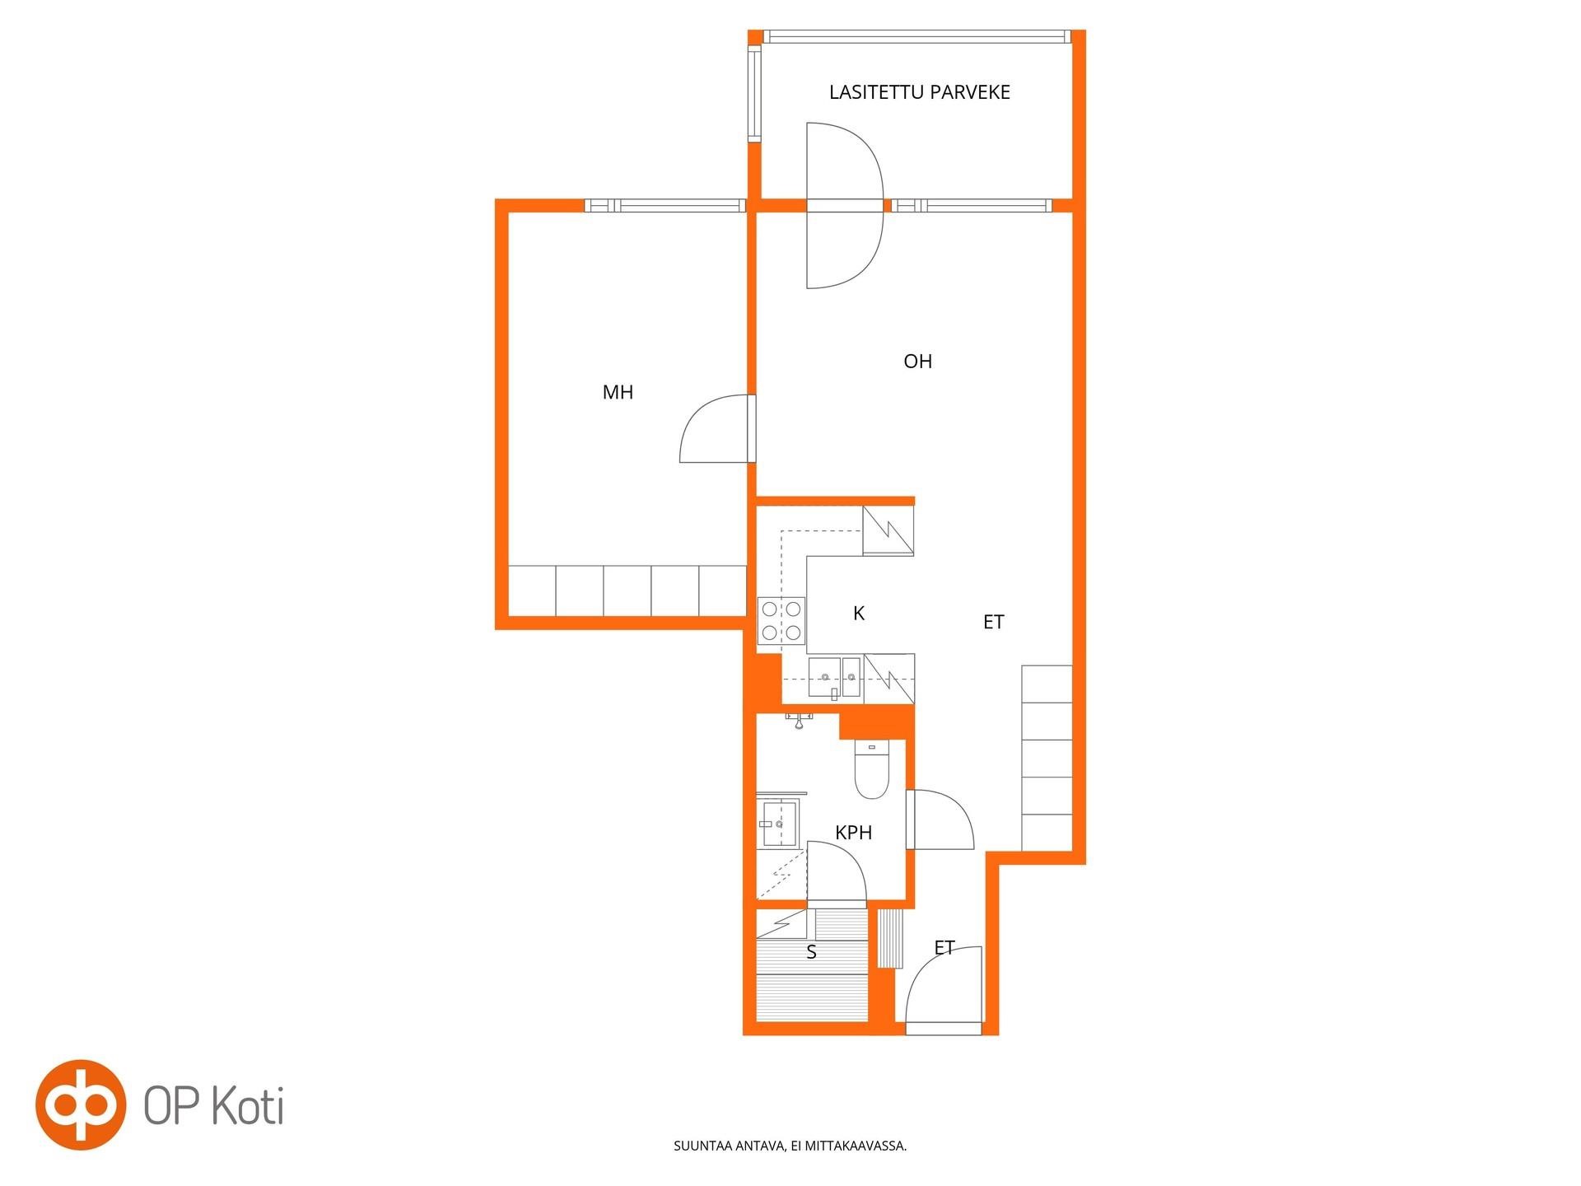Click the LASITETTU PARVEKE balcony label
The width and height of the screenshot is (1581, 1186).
coord(919,92)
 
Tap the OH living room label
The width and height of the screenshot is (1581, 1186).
coord(917,361)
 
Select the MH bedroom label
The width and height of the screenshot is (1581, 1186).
coord(618,392)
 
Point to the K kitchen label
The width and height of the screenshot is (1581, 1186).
coord(859,613)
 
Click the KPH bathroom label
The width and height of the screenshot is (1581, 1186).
coord(853,833)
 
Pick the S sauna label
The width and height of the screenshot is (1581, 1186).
coord(811,952)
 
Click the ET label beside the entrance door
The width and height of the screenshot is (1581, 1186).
coord(944,948)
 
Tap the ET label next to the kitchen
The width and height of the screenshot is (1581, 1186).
coord(993,622)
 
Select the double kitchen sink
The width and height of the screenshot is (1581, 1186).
coord(834,678)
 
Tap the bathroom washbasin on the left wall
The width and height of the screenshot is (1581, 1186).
coord(778,823)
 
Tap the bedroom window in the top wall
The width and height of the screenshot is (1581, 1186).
coord(665,206)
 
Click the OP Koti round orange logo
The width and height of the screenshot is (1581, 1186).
coord(81,1104)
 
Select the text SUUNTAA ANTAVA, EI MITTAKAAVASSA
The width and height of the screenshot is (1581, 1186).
coord(790,1146)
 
